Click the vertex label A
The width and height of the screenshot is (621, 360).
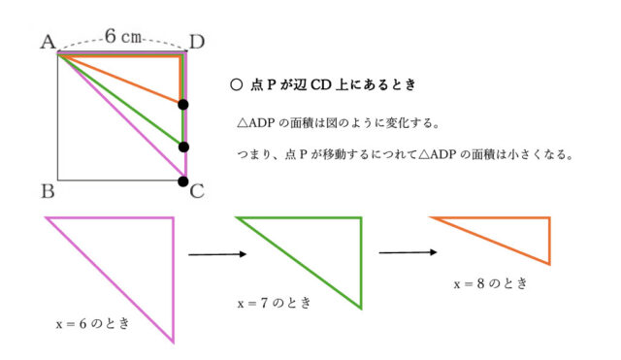(46, 42)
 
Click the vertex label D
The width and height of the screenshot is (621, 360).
(197, 42)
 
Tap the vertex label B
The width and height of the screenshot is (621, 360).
(47, 190)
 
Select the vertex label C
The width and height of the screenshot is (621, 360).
(197, 190)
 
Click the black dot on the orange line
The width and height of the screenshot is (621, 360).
(183, 104)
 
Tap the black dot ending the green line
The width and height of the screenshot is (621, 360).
(183, 147)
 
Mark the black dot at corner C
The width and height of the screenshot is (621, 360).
(183, 180)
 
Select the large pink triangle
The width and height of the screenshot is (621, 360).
(141, 262)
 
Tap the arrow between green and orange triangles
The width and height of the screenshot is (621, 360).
(405, 252)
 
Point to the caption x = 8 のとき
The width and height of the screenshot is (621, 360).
(491, 283)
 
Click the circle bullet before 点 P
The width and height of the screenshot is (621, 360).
(236, 85)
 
